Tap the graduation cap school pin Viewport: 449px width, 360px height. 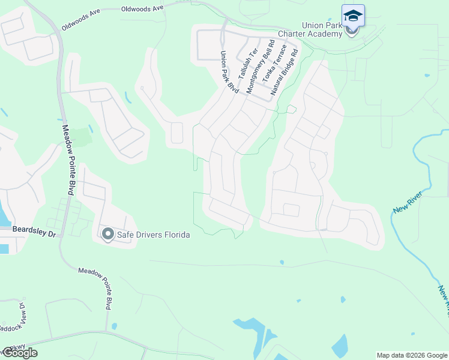click(x=353, y=16)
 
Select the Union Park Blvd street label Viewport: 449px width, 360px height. click(x=229, y=72)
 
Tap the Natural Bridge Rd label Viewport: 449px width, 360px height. click(x=285, y=74)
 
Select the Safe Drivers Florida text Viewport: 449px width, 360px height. click(x=153, y=235)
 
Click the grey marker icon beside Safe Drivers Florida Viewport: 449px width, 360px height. click(x=108, y=234)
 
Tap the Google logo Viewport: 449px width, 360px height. click(x=19, y=352)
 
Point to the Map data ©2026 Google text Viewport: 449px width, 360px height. click(x=412, y=355)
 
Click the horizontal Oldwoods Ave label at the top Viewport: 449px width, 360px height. click(x=142, y=9)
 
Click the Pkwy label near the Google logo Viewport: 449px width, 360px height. click(x=8, y=347)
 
